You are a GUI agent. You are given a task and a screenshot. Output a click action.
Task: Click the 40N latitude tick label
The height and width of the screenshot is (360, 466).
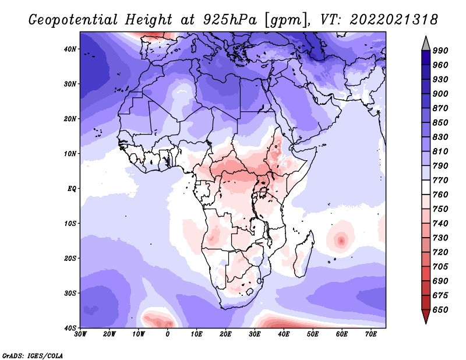click(70, 49)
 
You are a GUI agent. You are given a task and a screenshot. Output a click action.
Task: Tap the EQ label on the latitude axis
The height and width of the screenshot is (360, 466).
click(72, 189)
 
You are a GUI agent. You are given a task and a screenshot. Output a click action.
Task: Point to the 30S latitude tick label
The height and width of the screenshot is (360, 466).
click(70, 293)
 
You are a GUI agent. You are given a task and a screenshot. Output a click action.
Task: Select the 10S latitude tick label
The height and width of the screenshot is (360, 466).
click(70, 223)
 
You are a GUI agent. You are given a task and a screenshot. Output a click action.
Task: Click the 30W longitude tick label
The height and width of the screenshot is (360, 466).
click(80, 334)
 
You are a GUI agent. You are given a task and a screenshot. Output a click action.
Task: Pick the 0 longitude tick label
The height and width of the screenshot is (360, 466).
click(168, 334)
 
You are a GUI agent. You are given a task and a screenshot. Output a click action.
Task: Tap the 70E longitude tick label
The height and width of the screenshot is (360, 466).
click(371, 334)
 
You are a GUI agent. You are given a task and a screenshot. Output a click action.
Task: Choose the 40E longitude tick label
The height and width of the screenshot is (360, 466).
click(284, 334)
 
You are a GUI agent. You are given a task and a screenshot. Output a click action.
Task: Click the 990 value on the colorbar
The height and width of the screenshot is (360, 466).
click(440, 51)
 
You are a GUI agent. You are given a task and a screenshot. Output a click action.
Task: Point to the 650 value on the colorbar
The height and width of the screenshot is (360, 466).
click(440, 310)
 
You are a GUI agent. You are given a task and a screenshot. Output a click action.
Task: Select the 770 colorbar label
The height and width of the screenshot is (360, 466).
click(440, 181)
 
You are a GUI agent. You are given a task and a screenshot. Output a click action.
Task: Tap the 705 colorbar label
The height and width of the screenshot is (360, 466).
click(440, 267)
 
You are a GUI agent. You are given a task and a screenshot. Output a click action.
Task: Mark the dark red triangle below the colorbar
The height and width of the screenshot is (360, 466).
click(426, 316)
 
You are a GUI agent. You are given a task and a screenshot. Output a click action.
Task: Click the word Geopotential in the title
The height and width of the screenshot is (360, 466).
click(73, 20)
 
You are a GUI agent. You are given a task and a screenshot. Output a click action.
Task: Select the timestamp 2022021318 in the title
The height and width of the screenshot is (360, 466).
click(394, 20)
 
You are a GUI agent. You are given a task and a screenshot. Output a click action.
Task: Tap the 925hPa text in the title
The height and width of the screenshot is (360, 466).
click(230, 20)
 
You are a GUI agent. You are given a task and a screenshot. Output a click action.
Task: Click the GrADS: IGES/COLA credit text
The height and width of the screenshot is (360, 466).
click(33, 355)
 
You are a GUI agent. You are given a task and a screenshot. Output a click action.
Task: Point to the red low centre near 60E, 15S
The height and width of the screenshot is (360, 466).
click(341, 240)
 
